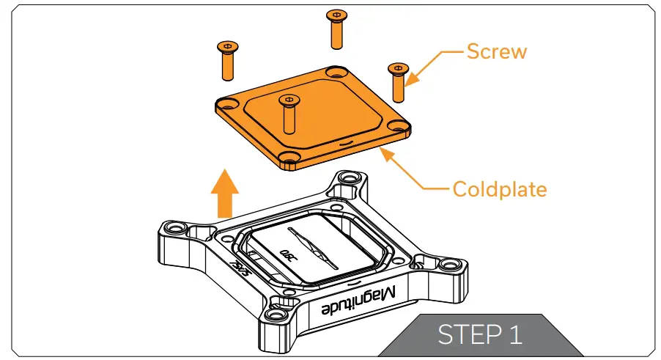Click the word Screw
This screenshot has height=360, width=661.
pos(496,51)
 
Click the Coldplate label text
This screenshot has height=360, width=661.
pos(499,189)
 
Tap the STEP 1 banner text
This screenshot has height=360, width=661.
pos(480,334)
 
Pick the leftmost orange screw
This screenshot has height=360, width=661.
pos(226,62)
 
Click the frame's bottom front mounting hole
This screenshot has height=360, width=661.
pos(276,315)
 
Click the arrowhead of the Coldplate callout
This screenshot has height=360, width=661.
pos(383,150)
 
